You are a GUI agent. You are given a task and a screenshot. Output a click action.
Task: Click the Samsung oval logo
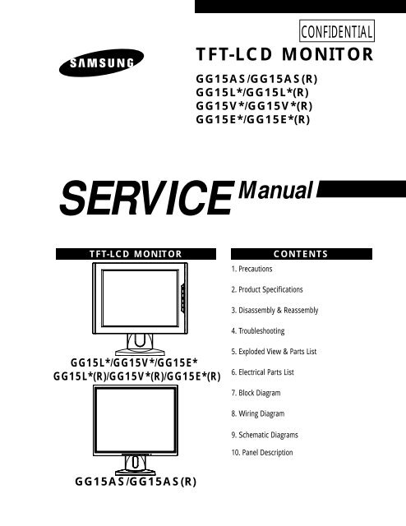[x=101, y=62]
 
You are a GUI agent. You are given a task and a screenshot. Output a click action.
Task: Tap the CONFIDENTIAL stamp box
[x=336, y=31]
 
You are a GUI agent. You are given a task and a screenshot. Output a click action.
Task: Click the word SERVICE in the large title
[x=147, y=197]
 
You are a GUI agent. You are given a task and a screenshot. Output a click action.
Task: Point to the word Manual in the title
[x=276, y=190]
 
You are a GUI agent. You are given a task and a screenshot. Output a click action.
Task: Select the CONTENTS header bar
[x=302, y=254]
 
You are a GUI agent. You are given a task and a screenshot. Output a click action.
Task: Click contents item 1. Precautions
[x=251, y=269]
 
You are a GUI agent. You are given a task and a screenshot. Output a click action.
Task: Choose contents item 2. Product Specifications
[x=267, y=289]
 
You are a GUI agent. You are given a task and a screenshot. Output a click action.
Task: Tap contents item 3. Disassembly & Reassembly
[x=275, y=311]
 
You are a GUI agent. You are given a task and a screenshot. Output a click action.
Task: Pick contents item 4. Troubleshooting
[x=258, y=331]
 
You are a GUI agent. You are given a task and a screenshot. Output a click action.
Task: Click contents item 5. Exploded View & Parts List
[x=274, y=352]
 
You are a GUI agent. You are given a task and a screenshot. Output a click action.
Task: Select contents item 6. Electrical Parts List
[x=262, y=372]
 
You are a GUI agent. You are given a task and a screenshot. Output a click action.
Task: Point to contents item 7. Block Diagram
[x=256, y=393]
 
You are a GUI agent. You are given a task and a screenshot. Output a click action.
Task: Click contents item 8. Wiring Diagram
[x=258, y=413]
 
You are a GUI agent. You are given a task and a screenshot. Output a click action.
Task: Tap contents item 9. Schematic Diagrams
[x=265, y=435]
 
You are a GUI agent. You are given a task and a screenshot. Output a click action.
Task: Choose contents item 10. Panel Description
[x=262, y=453]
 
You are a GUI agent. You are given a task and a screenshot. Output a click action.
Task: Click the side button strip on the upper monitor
[x=183, y=298]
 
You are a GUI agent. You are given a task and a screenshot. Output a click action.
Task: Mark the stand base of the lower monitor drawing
[x=135, y=472]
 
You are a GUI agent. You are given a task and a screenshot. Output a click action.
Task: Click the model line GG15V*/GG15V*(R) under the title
[x=254, y=106]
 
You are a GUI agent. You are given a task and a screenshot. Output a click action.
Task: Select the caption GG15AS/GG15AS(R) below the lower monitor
[x=136, y=482]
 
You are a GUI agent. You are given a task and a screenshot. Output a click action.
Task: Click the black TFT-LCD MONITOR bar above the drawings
[x=136, y=254]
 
